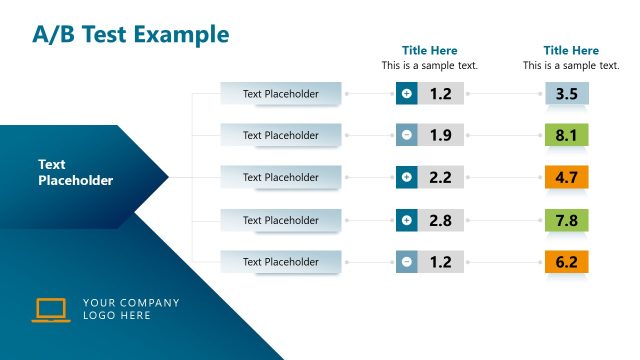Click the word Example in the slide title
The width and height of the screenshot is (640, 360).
pos(182,34)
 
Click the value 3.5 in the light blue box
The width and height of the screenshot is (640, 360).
pos(567,94)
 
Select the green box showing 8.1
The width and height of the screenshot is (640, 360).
pos(567,135)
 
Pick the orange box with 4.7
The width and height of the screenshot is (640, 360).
pos(567,178)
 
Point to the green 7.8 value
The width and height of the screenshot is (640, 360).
pos(567,220)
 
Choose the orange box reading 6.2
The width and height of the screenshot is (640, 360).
pos(567,262)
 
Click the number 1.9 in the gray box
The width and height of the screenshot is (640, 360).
pos(441,135)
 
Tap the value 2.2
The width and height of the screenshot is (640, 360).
pos(441,178)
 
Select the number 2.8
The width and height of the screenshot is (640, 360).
pos(441,220)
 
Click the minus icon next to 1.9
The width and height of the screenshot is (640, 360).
pos(406,135)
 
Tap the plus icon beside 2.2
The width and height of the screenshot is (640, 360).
pos(406,178)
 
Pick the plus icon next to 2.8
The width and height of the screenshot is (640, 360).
pos(406,220)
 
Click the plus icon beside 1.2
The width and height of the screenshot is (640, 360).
pos(406,94)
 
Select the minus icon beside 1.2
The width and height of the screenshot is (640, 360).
pos(406,262)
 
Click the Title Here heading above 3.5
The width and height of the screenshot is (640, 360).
pos(571,50)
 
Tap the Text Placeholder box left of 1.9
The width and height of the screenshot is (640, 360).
pos(281,135)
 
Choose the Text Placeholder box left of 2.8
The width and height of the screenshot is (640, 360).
pos(281,220)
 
